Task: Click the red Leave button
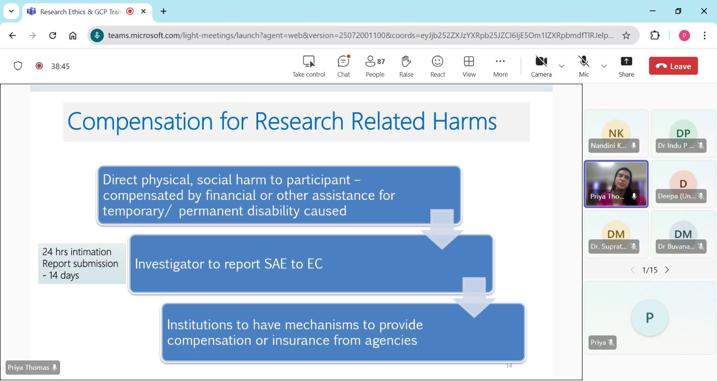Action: point(673,66)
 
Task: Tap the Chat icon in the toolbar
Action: point(343,61)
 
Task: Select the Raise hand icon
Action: point(406,61)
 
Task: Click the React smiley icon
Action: point(437,61)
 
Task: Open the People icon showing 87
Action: point(375,61)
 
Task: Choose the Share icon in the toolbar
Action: point(626,61)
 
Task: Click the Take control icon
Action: point(309,61)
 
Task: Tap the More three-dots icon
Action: point(500,61)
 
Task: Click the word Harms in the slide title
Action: point(464,121)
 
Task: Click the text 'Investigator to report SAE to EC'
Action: point(229,264)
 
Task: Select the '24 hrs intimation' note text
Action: point(77,251)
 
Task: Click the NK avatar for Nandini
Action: point(616,133)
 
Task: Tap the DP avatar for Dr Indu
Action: point(683,133)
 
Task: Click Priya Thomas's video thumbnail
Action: point(616,184)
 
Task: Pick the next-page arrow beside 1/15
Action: point(667,270)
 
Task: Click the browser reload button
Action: point(52,35)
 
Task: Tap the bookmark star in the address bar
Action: point(626,35)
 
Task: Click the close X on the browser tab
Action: point(143,11)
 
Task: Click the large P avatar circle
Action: point(649,318)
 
